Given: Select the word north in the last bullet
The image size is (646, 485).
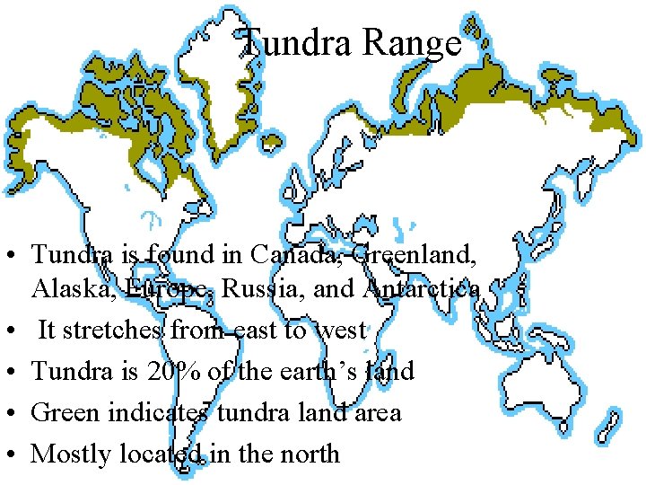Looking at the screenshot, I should click(x=310, y=454).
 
